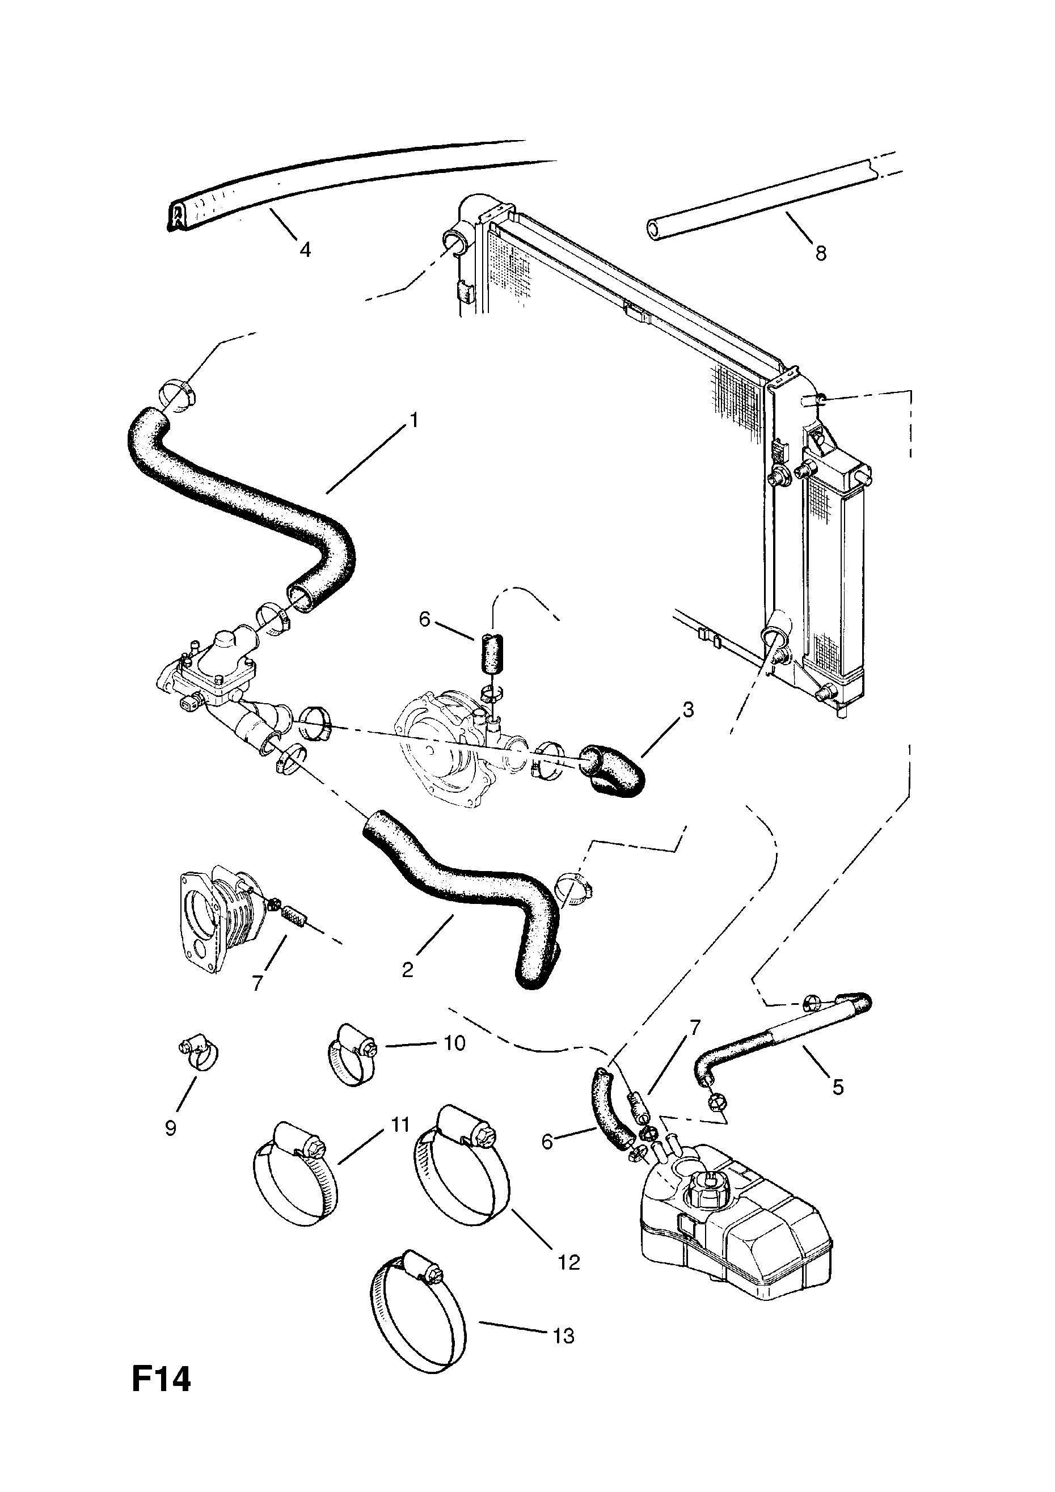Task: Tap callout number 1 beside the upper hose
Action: tap(412, 420)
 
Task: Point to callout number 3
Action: tap(687, 709)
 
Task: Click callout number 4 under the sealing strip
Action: tap(305, 249)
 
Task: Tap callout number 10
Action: tap(454, 1043)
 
